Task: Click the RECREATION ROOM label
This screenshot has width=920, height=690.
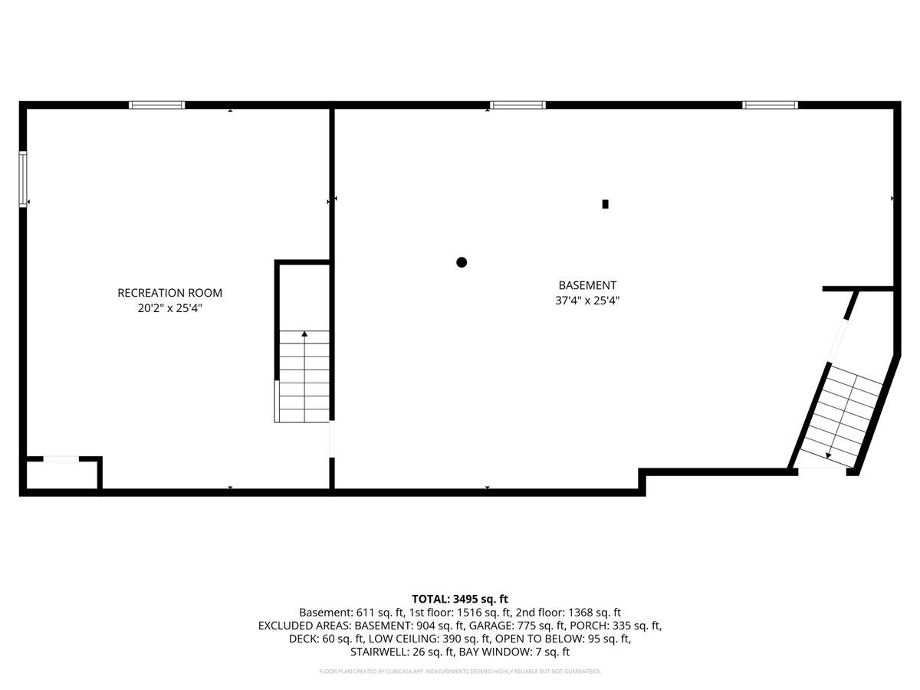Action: click(169, 293)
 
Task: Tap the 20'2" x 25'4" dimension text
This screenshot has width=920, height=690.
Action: click(169, 308)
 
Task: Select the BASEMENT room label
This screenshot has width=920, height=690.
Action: click(587, 285)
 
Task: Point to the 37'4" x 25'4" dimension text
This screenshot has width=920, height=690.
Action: click(587, 301)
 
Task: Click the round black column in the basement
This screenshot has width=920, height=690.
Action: click(462, 262)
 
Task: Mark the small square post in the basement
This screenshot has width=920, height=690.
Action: click(605, 204)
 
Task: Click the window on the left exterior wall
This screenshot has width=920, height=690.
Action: click(23, 179)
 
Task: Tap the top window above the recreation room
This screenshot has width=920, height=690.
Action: click(156, 105)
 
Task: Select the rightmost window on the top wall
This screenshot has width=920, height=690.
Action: click(770, 105)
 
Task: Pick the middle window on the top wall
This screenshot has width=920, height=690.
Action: click(517, 105)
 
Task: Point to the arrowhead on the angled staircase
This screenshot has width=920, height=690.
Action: click(828, 456)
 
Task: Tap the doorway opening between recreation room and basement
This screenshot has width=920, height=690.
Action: click(331, 439)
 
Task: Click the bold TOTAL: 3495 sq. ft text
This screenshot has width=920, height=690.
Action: click(460, 599)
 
